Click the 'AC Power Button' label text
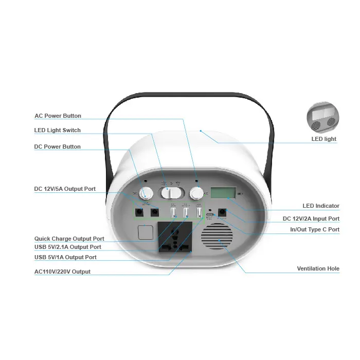click(x=58, y=116)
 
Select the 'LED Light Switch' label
click(x=57, y=130)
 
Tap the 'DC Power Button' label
click(x=57, y=147)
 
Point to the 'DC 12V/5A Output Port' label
click(x=65, y=189)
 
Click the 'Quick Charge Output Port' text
click(x=69, y=239)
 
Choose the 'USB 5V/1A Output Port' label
click(x=65, y=257)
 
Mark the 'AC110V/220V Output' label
click(x=62, y=272)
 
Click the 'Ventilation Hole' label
click(x=318, y=268)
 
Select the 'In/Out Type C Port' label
click(x=315, y=229)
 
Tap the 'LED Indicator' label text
click(x=321, y=206)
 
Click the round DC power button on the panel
click(x=147, y=193)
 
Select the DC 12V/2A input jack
click(x=223, y=212)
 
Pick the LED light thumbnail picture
click(x=323, y=118)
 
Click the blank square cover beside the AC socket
click(x=146, y=233)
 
